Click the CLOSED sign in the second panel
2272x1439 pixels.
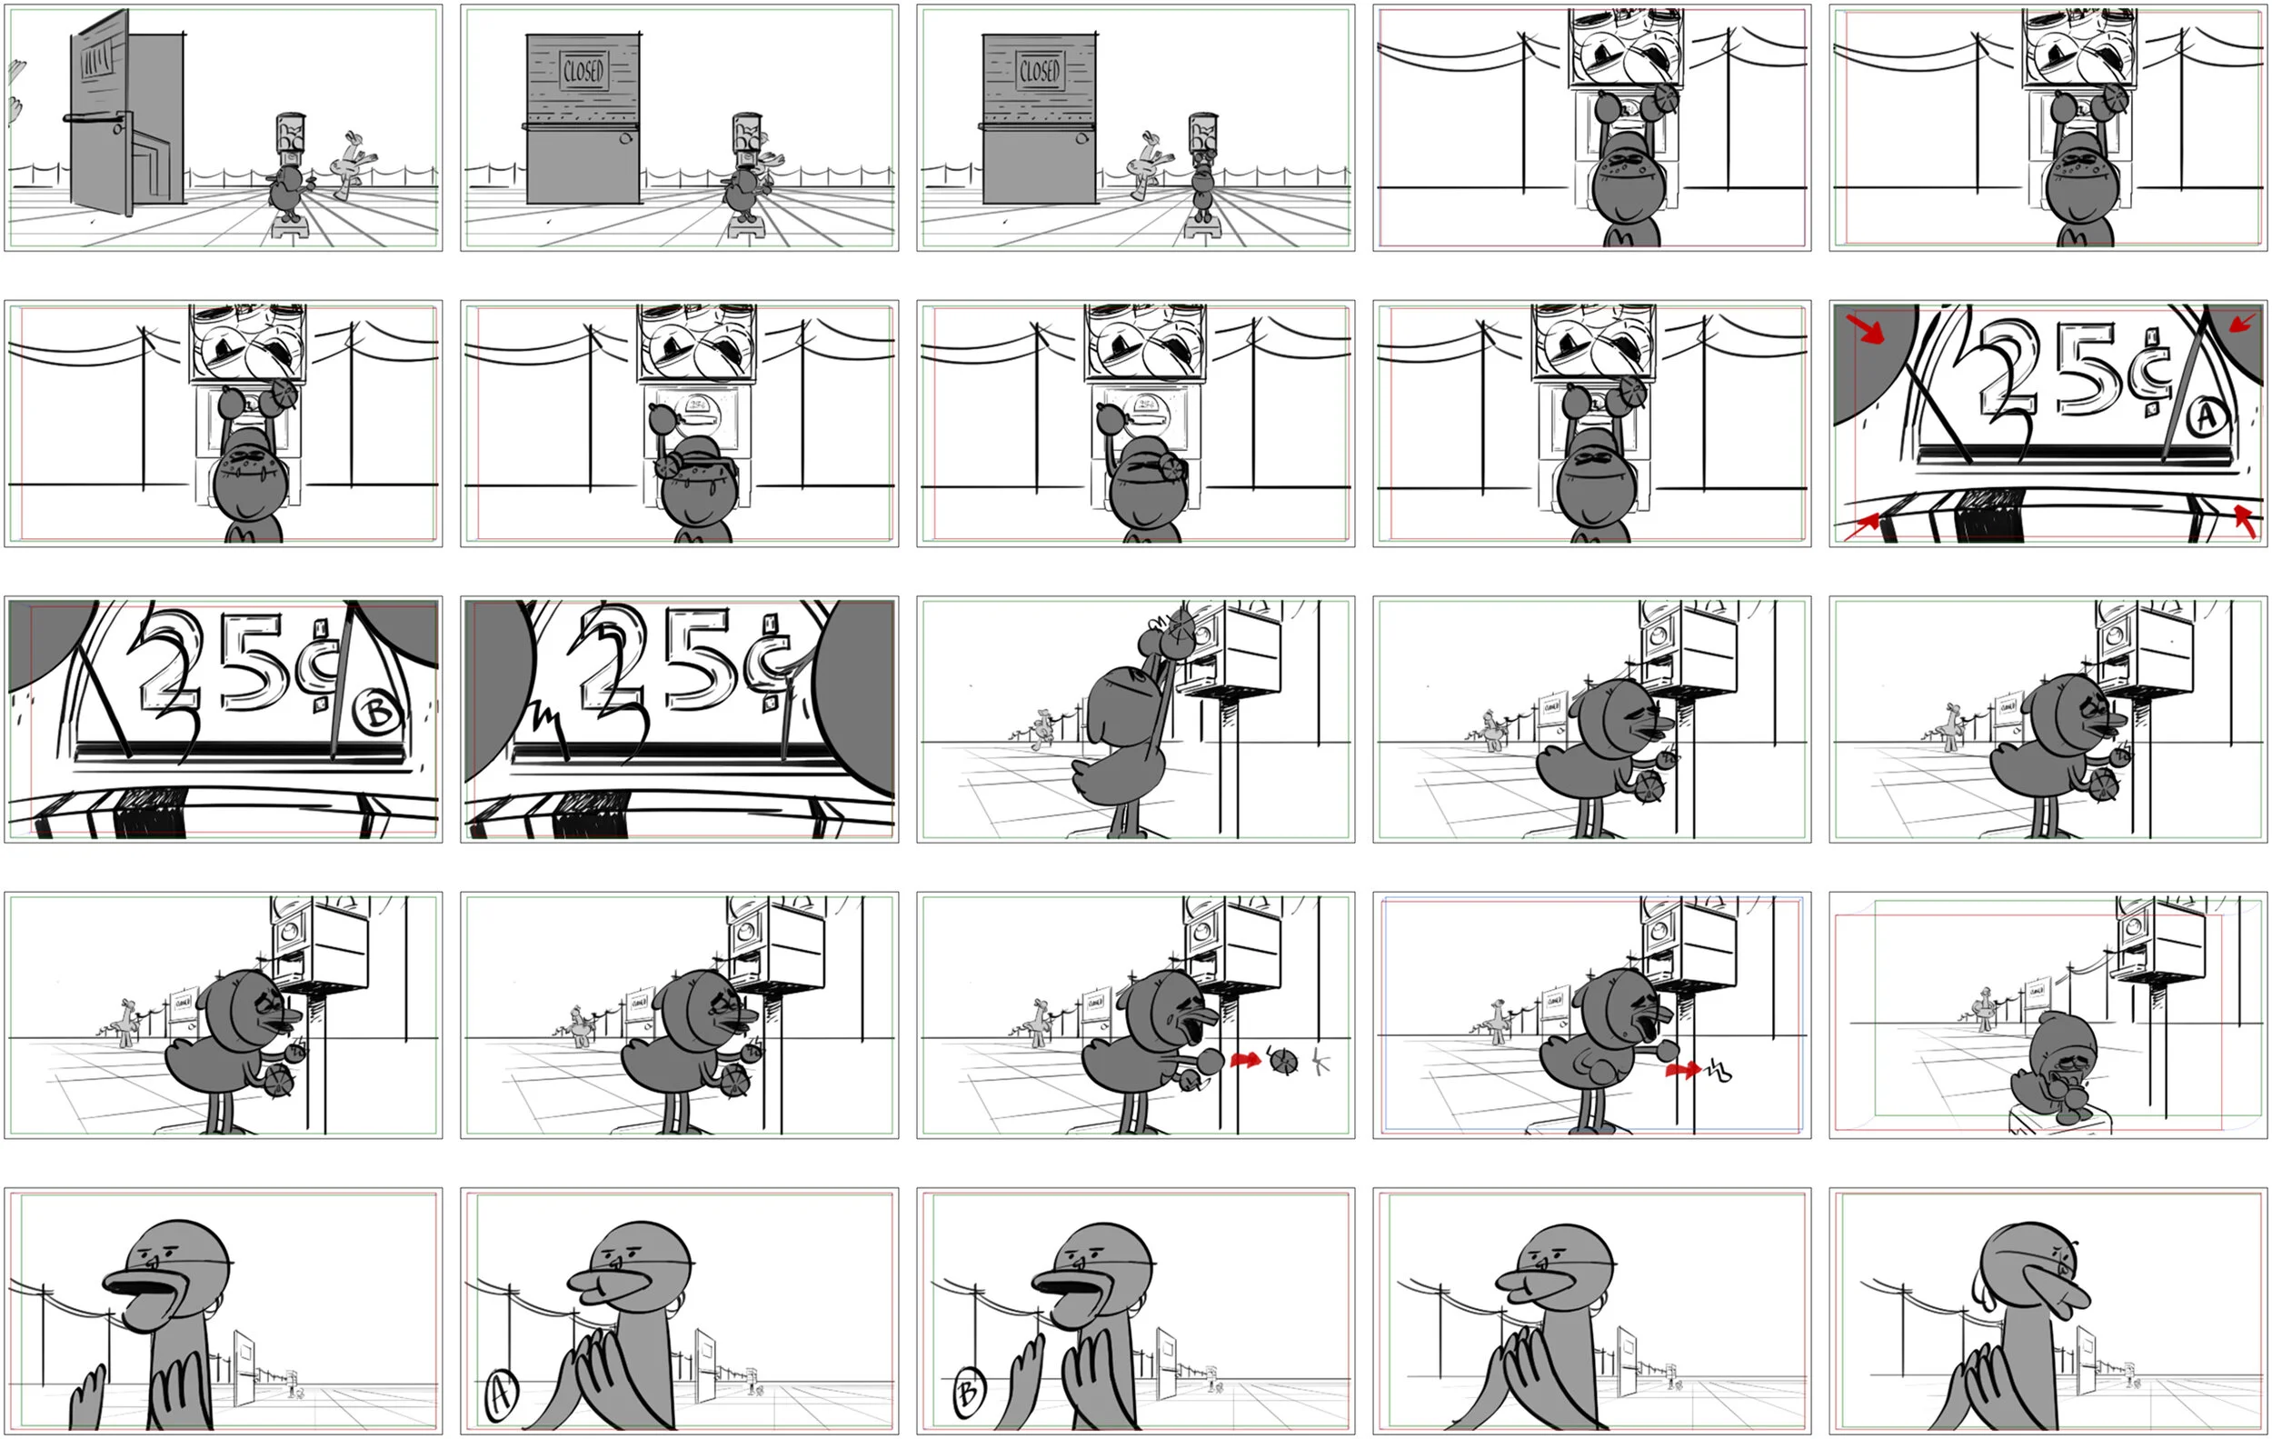(583, 71)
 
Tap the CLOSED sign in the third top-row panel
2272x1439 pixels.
(1039, 71)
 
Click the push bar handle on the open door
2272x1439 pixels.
(95, 118)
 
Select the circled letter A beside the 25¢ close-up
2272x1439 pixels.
(2206, 416)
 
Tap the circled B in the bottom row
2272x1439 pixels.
(967, 1393)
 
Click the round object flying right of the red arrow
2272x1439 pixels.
(1283, 1062)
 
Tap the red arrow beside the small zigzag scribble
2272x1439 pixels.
(1681, 1070)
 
